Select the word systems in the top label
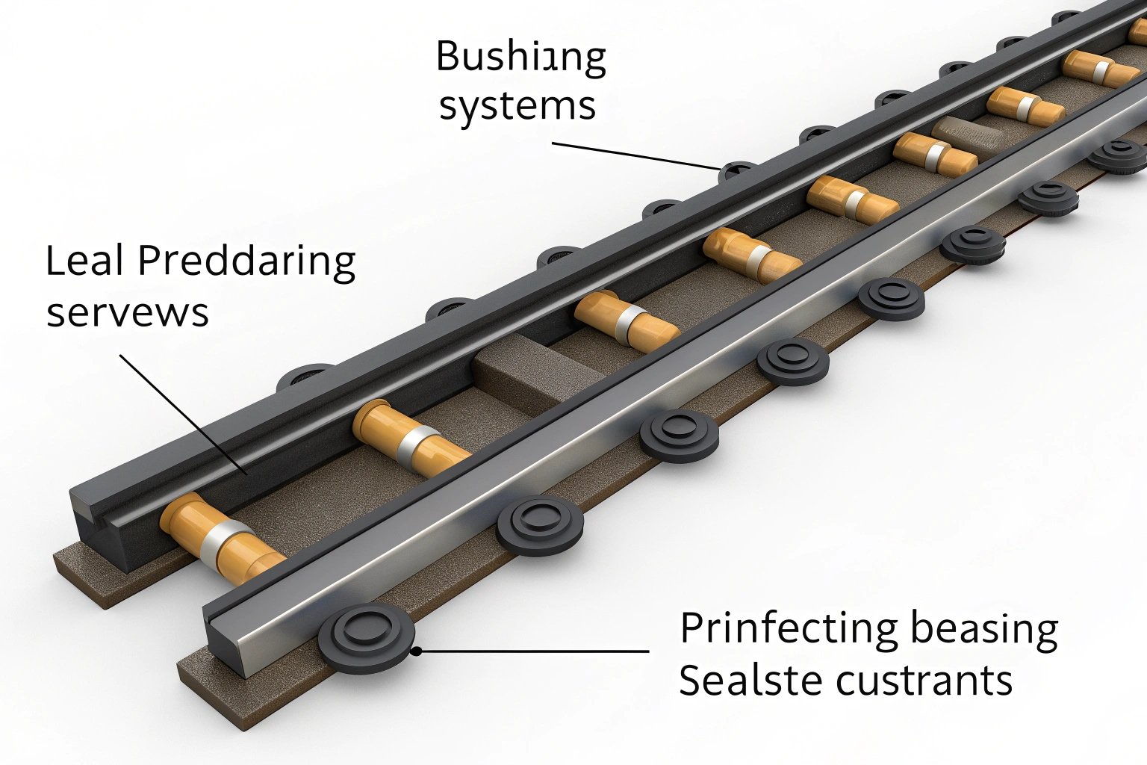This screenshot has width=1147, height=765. click(517, 106)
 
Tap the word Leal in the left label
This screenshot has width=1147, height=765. click(83, 262)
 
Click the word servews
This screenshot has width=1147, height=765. click(127, 313)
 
